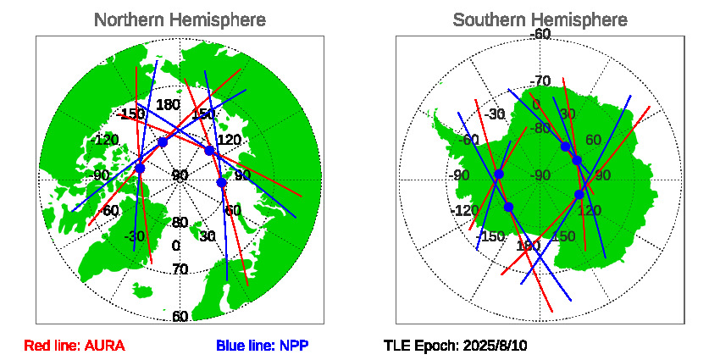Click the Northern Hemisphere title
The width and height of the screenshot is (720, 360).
(179, 19)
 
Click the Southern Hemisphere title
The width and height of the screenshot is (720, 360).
(540, 19)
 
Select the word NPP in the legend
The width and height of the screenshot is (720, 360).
(293, 346)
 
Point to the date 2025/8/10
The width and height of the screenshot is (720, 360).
(494, 346)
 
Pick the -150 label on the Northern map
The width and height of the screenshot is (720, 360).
(131, 114)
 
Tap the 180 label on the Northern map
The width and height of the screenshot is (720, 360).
(169, 105)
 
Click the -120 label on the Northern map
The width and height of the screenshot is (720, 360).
(106, 140)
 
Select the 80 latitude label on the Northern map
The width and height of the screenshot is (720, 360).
(180, 223)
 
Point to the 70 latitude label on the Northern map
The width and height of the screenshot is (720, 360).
(180, 269)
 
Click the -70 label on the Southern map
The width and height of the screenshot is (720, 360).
(540, 81)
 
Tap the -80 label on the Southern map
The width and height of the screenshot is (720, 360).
(540, 129)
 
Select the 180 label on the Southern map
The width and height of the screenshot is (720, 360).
(528, 246)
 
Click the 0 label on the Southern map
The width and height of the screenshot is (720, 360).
(536, 104)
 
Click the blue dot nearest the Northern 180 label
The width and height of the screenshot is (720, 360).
(163, 142)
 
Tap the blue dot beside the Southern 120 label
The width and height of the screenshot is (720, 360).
(579, 195)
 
